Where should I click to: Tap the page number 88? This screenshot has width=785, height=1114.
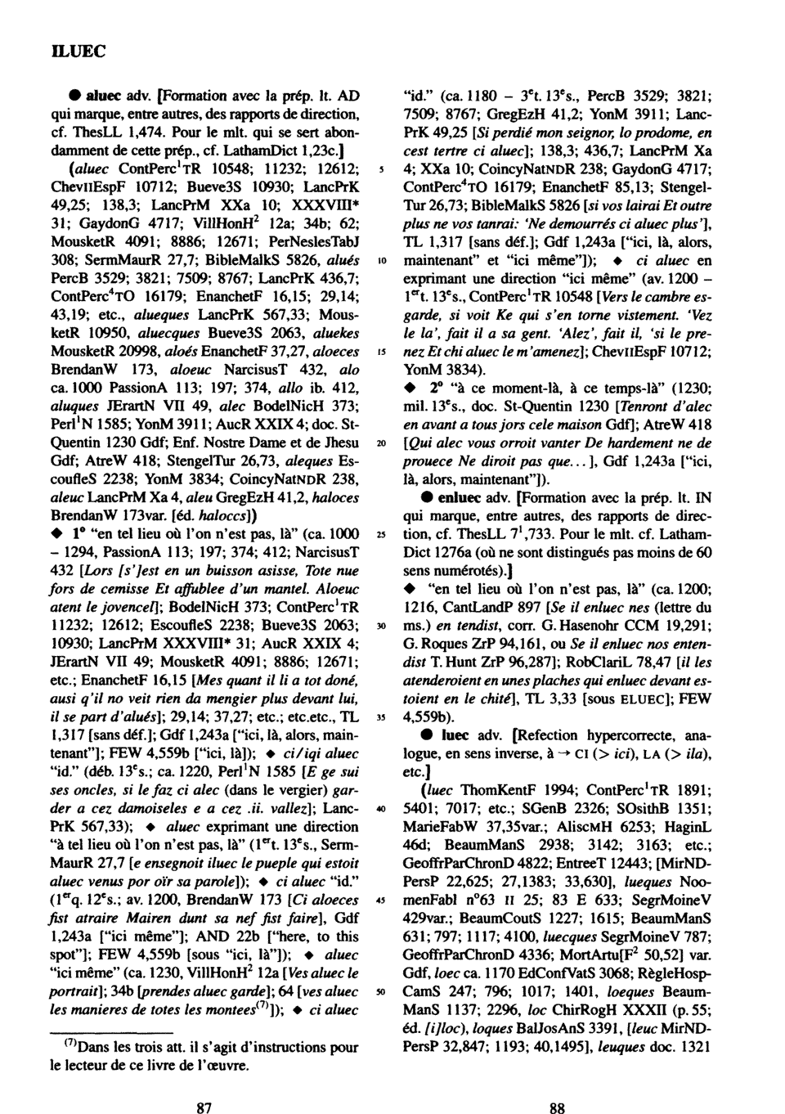click(557, 1086)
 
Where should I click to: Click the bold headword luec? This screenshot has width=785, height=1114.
click(455, 735)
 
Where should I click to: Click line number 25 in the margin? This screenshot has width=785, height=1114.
click(381, 534)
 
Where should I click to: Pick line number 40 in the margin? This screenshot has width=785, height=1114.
click(381, 809)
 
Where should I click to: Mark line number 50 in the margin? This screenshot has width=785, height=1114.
click(381, 992)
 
